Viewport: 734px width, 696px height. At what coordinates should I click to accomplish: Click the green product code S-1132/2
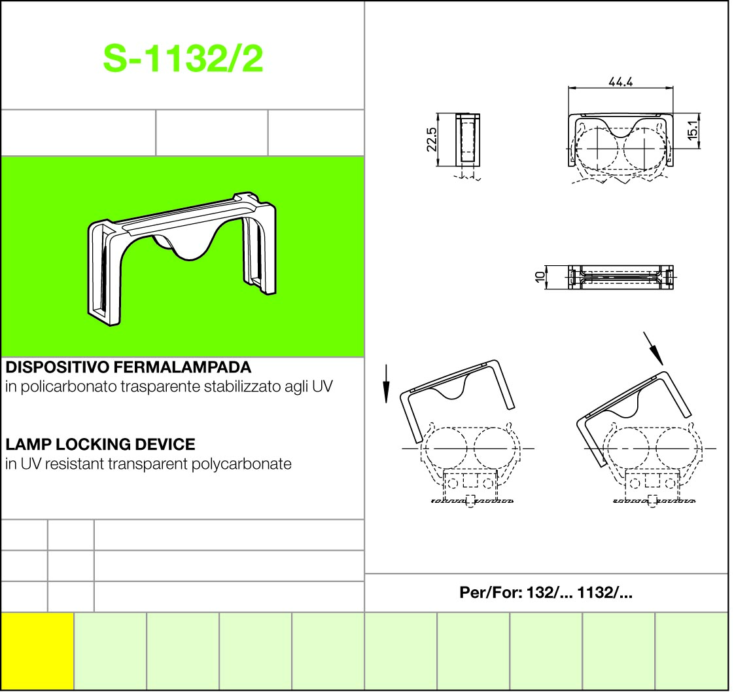point(183,59)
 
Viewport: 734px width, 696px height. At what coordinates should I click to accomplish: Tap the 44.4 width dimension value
point(621,82)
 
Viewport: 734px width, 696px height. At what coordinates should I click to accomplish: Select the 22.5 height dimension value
point(432,139)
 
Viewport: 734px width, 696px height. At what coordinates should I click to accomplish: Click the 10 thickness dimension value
point(540,277)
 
